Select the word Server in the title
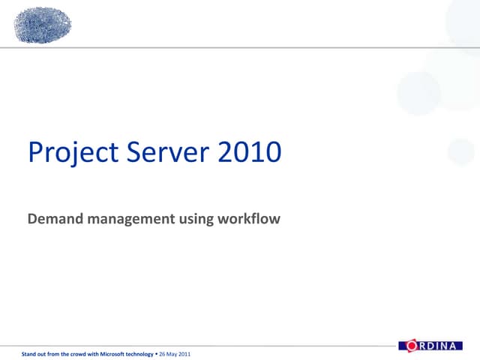click(169, 152)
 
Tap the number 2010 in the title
click(250, 152)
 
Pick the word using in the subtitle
click(196, 220)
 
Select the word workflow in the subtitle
click(248, 219)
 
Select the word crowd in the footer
click(78, 353)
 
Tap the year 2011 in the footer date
click(184, 353)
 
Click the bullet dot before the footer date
click(156, 353)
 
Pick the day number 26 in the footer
click(162, 353)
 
